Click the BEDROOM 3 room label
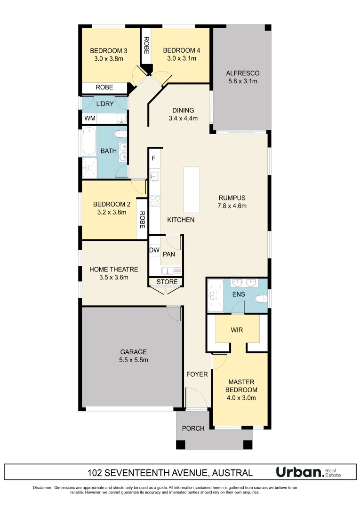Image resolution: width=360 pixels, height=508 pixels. point(109,50)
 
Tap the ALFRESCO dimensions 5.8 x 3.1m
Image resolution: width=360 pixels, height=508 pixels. point(242,81)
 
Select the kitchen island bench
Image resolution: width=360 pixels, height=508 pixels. point(192,190)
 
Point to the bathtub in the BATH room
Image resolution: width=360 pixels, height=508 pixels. point(89,142)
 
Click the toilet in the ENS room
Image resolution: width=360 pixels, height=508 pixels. point(260,298)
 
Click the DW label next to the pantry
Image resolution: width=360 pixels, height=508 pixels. point(154,250)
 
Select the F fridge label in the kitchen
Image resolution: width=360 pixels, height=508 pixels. point(153,159)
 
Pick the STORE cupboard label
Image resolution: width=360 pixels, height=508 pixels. point(167,282)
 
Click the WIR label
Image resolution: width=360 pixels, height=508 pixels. point(237,330)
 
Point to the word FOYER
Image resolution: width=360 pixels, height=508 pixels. point(197,374)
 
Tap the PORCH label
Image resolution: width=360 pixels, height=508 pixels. point(193,429)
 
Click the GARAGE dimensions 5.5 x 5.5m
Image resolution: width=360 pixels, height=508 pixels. point(134,360)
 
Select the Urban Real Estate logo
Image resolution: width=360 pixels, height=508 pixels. point(308,472)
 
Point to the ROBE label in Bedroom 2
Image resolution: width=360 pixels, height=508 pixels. point(141,219)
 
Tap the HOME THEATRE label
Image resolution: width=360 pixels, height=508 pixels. point(114,270)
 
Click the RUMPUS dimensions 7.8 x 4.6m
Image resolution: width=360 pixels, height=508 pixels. point(232,206)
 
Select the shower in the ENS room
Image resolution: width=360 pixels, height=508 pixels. point(215,295)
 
